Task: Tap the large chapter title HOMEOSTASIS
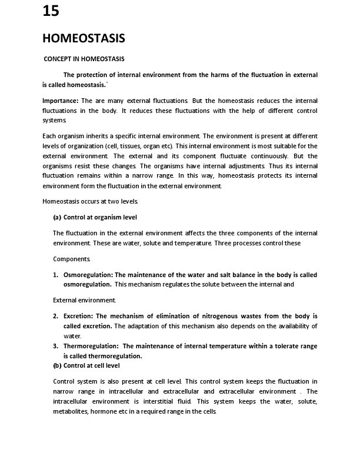pos(84,39)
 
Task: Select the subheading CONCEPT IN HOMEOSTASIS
pos(84,59)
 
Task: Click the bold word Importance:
pos(60,101)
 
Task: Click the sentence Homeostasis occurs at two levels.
pos(91,201)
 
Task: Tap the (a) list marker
pos(57,217)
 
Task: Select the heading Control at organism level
pos(100,217)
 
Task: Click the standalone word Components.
pos(72,259)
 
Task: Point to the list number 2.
pos(55,316)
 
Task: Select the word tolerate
pos(272,347)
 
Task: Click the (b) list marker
pos(57,365)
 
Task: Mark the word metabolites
pos(71,411)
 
